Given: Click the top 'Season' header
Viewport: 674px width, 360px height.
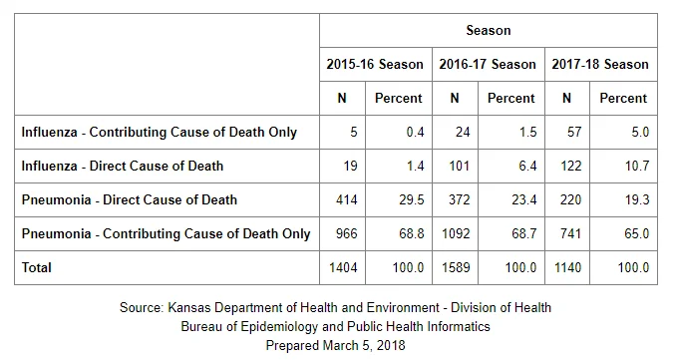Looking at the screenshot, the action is point(489,30).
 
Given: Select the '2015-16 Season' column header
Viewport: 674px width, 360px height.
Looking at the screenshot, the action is point(375,64).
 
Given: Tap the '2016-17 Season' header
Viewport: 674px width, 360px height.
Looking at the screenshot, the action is point(488,64).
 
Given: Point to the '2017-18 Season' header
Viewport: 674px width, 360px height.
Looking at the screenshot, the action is point(600,64).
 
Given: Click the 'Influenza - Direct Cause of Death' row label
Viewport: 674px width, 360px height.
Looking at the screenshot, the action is point(123,166).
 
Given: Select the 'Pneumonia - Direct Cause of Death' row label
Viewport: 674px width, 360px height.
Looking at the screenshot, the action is point(130,200).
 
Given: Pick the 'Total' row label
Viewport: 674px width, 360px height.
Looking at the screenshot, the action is point(37,267).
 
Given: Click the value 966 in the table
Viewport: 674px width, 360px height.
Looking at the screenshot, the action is point(346,233).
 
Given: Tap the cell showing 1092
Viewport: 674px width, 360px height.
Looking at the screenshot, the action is point(456,233).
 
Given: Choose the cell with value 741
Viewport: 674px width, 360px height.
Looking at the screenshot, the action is point(570,233).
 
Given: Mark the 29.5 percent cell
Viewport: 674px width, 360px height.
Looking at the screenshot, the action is point(412,200).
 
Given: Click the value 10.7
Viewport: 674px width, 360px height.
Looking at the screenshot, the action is point(637,166).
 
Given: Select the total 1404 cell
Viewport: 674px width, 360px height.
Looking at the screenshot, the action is point(343,267).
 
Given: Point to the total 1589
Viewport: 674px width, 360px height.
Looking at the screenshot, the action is point(456,267).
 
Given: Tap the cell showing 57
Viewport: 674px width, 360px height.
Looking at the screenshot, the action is point(574,132).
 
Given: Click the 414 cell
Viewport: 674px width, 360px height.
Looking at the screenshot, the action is point(346,200).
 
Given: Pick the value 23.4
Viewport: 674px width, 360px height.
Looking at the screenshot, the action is point(524,200).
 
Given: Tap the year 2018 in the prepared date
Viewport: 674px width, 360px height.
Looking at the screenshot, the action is point(391,345).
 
